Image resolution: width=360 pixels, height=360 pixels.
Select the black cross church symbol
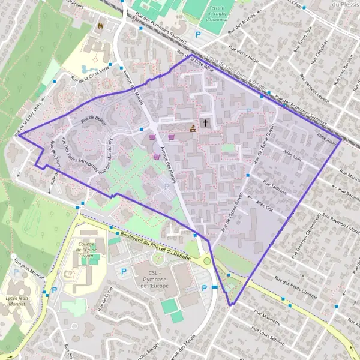coord(205,123)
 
